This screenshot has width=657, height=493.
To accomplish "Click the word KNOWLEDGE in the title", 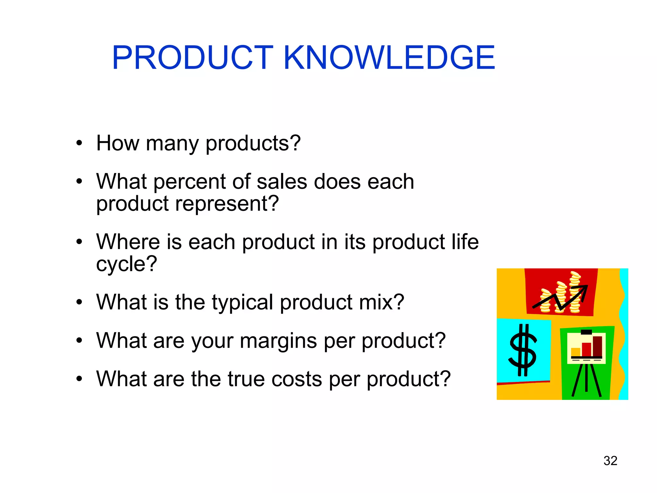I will click(389, 58).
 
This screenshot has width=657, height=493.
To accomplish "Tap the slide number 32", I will click(610, 461).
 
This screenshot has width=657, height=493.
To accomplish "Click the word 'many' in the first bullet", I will click(172, 143).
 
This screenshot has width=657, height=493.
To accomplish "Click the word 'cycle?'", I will click(126, 264).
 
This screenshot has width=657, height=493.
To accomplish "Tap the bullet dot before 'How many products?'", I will click(79, 143).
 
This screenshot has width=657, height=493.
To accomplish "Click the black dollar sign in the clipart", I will click(523, 350).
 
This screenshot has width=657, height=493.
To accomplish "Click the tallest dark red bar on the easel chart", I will click(597, 346).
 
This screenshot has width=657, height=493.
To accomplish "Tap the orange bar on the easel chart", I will click(576, 352).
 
